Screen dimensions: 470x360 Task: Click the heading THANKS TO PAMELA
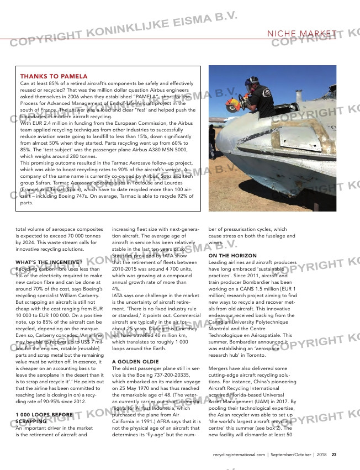click(x=54, y=76)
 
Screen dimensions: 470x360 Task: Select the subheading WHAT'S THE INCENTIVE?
click(x=49, y=246)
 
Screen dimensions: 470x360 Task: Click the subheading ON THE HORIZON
click(x=232, y=255)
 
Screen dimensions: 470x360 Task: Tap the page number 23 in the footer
click(x=334, y=455)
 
